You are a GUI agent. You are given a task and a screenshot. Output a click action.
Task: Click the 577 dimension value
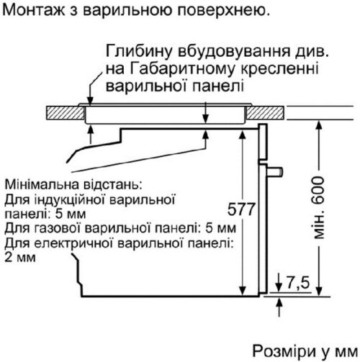pyautogui.click(x=241, y=209)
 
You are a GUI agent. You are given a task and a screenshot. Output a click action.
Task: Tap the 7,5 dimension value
pyautogui.click(x=298, y=283)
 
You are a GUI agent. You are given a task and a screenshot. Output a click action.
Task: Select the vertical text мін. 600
pyautogui.click(x=319, y=208)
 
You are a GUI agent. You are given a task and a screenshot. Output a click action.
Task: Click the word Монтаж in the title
pyautogui.click(x=35, y=10)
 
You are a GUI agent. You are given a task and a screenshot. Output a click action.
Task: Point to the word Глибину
pyautogui.click(x=139, y=51)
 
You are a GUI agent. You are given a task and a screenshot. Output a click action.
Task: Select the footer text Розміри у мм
pyautogui.click(x=305, y=352)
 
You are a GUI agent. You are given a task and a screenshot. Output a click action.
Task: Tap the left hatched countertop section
pyautogui.click(x=65, y=112)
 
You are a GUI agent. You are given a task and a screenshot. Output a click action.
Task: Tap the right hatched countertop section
pyautogui.click(x=265, y=112)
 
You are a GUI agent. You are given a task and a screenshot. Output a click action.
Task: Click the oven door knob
pyautogui.click(x=275, y=171)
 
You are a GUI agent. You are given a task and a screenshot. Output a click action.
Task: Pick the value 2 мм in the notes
pyautogui.click(x=20, y=258)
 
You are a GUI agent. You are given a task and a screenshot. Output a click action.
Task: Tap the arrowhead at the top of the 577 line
pyautogui.click(x=243, y=135)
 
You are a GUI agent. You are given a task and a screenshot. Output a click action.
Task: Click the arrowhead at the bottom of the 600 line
pyautogui.click(x=319, y=291)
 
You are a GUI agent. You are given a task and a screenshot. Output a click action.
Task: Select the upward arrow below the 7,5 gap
pyautogui.click(x=279, y=307)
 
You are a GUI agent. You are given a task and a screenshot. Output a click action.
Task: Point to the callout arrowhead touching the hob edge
pyautogui.click(x=90, y=101)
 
